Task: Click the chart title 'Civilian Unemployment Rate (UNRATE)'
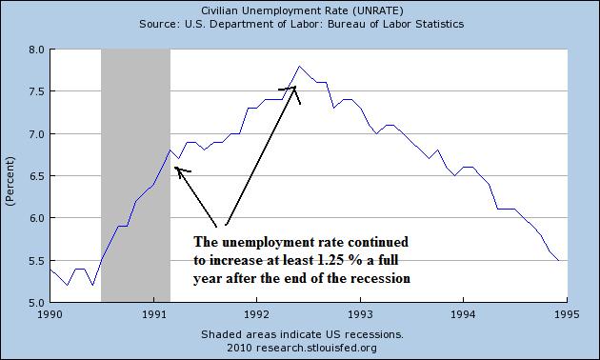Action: pyautogui.click(x=299, y=10)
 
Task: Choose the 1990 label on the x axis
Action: pyautogui.click(x=50, y=311)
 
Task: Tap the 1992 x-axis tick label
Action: pyautogui.click(x=256, y=311)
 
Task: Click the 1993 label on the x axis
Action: pyautogui.click(x=360, y=311)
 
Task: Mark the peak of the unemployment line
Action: pyautogui.click(x=300, y=66)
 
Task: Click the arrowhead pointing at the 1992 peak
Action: pyautogui.click(x=294, y=89)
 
